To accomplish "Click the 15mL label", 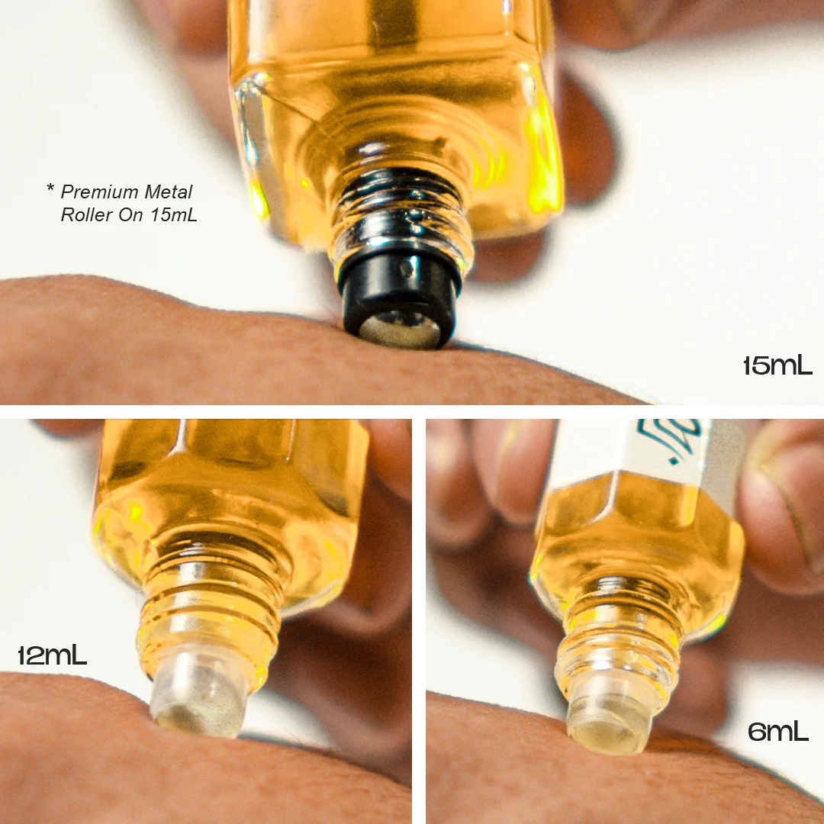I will pos(777,366).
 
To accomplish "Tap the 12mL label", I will pos(52,655).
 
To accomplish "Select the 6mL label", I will pos(777,732).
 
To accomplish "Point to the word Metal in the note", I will pos(171,192).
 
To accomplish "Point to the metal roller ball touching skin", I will pos(399,329).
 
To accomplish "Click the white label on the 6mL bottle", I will pos(649,446).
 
